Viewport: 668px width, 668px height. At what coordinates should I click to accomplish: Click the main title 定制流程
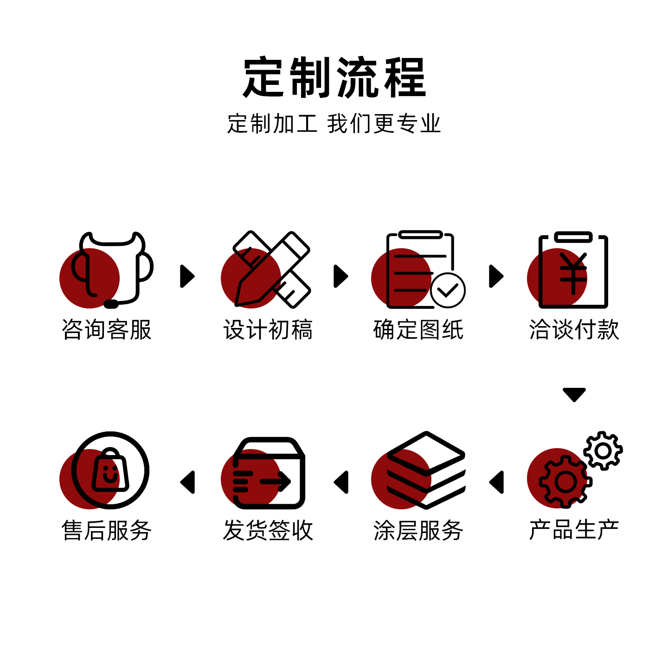tap(334, 77)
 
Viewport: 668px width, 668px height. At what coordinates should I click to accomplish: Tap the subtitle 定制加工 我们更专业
tap(334, 124)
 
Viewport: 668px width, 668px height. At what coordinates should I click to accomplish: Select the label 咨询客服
tap(107, 330)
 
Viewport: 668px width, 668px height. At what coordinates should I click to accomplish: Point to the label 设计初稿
tap(268, 330)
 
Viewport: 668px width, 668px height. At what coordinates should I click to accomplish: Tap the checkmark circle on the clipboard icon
tap(448, 290)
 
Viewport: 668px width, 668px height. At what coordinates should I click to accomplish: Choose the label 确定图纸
tap(418, 330)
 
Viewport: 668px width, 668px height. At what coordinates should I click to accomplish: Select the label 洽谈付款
tap(574, 330)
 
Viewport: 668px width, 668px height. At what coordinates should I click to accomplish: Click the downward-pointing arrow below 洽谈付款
tap(574, 394)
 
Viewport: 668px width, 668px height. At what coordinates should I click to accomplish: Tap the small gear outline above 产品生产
tap(603, 450)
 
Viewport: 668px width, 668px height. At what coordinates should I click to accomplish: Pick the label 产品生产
tap(574, 530)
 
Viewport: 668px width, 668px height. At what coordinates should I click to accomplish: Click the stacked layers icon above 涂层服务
tap(426, 470)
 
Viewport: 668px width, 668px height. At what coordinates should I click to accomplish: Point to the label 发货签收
tap(268, 530)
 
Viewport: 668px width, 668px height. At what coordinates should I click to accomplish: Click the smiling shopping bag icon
tap(110, 470)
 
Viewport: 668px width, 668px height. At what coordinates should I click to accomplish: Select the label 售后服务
tap(107, 530)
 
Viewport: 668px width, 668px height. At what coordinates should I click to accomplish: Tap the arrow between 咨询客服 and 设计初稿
tap(187, 276)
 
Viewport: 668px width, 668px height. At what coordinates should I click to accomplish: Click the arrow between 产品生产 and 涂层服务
tap(497, 482)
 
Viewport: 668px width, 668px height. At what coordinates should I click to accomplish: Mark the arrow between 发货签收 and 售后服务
tap(188, 482)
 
